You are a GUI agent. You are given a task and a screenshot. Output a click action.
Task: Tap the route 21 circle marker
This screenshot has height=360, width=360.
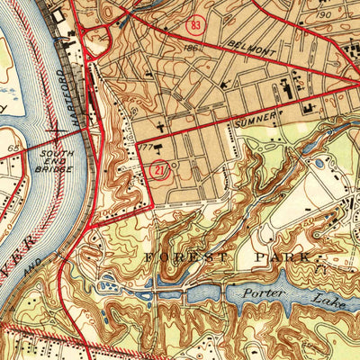coord(157,171)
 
